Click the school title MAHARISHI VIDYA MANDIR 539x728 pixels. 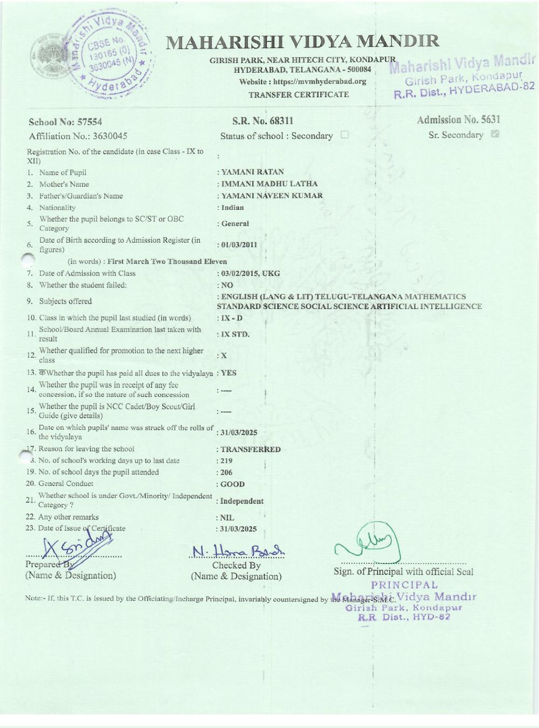302,42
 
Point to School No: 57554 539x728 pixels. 65,122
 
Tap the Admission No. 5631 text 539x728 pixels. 458,120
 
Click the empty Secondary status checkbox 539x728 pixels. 344,135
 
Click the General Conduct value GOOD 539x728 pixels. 232,484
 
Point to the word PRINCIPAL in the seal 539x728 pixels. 404,585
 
